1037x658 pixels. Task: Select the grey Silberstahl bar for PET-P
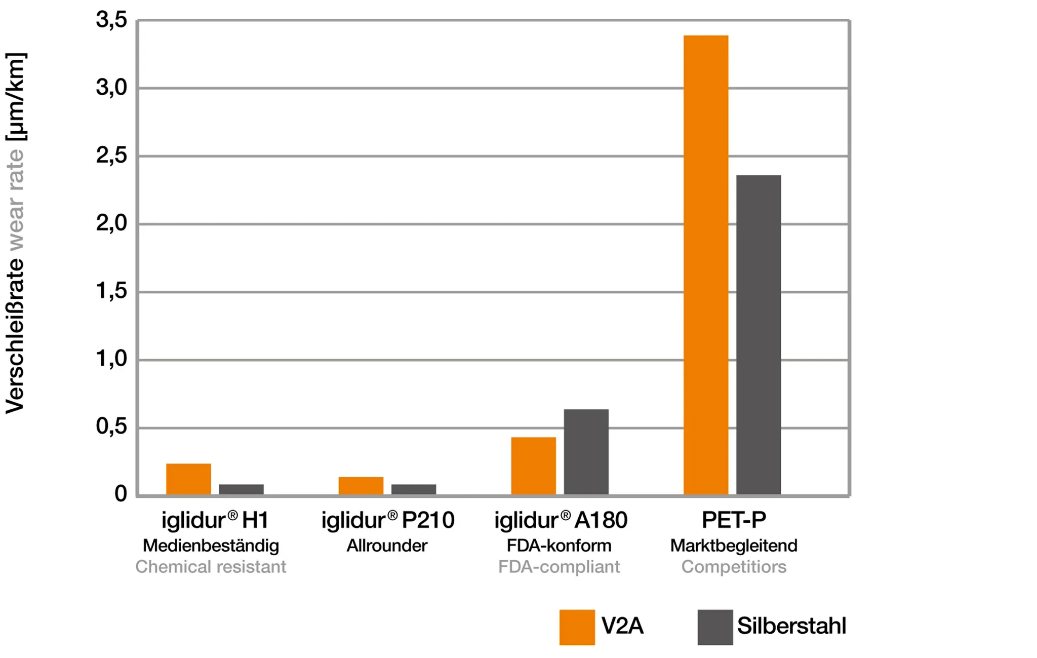tap(758, 334)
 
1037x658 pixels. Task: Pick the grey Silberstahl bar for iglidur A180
tap(586, 451)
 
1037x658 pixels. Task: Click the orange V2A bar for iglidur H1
tap(188, 478)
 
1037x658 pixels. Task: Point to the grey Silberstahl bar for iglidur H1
tap(241, 489)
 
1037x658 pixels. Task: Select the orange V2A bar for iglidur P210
tap(361, 485)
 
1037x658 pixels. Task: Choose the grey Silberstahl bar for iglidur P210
tap(413, 489)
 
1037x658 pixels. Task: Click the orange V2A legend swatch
tap(577, 627)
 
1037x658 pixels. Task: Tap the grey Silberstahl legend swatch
tap(714, 627)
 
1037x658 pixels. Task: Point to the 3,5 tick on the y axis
tap(111, 20)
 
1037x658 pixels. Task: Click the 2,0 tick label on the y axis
tap(111, 223)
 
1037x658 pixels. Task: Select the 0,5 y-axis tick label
tap(111, 427)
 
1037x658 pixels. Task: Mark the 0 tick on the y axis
tap(121, 494)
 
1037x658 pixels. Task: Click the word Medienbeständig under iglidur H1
tap(211, 546)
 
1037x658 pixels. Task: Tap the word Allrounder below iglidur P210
tap(387, 546)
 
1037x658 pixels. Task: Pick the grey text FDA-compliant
tap(559, 566)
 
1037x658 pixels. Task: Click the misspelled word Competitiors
tap(734, 566)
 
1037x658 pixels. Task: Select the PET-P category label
tap(734, 520)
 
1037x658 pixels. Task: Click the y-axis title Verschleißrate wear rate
tap(15, 233)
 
